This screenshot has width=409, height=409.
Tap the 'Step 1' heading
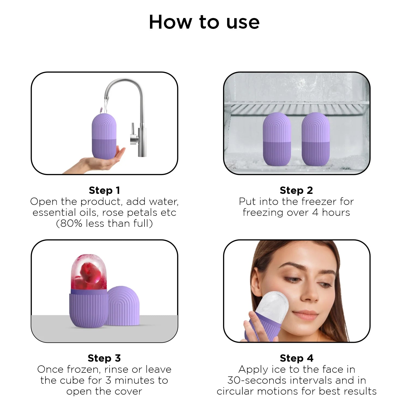[104, 190]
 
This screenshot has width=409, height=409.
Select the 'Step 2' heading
[296, 190]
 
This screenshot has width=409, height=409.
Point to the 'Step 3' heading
[104, 358]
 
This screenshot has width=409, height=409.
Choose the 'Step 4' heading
[297, 358]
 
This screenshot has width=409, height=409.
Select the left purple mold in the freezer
[277, 139]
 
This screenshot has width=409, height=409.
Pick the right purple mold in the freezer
[316, 139]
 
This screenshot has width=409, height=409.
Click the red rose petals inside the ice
[88, 278]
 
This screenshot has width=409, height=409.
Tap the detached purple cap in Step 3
[122, 305]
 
